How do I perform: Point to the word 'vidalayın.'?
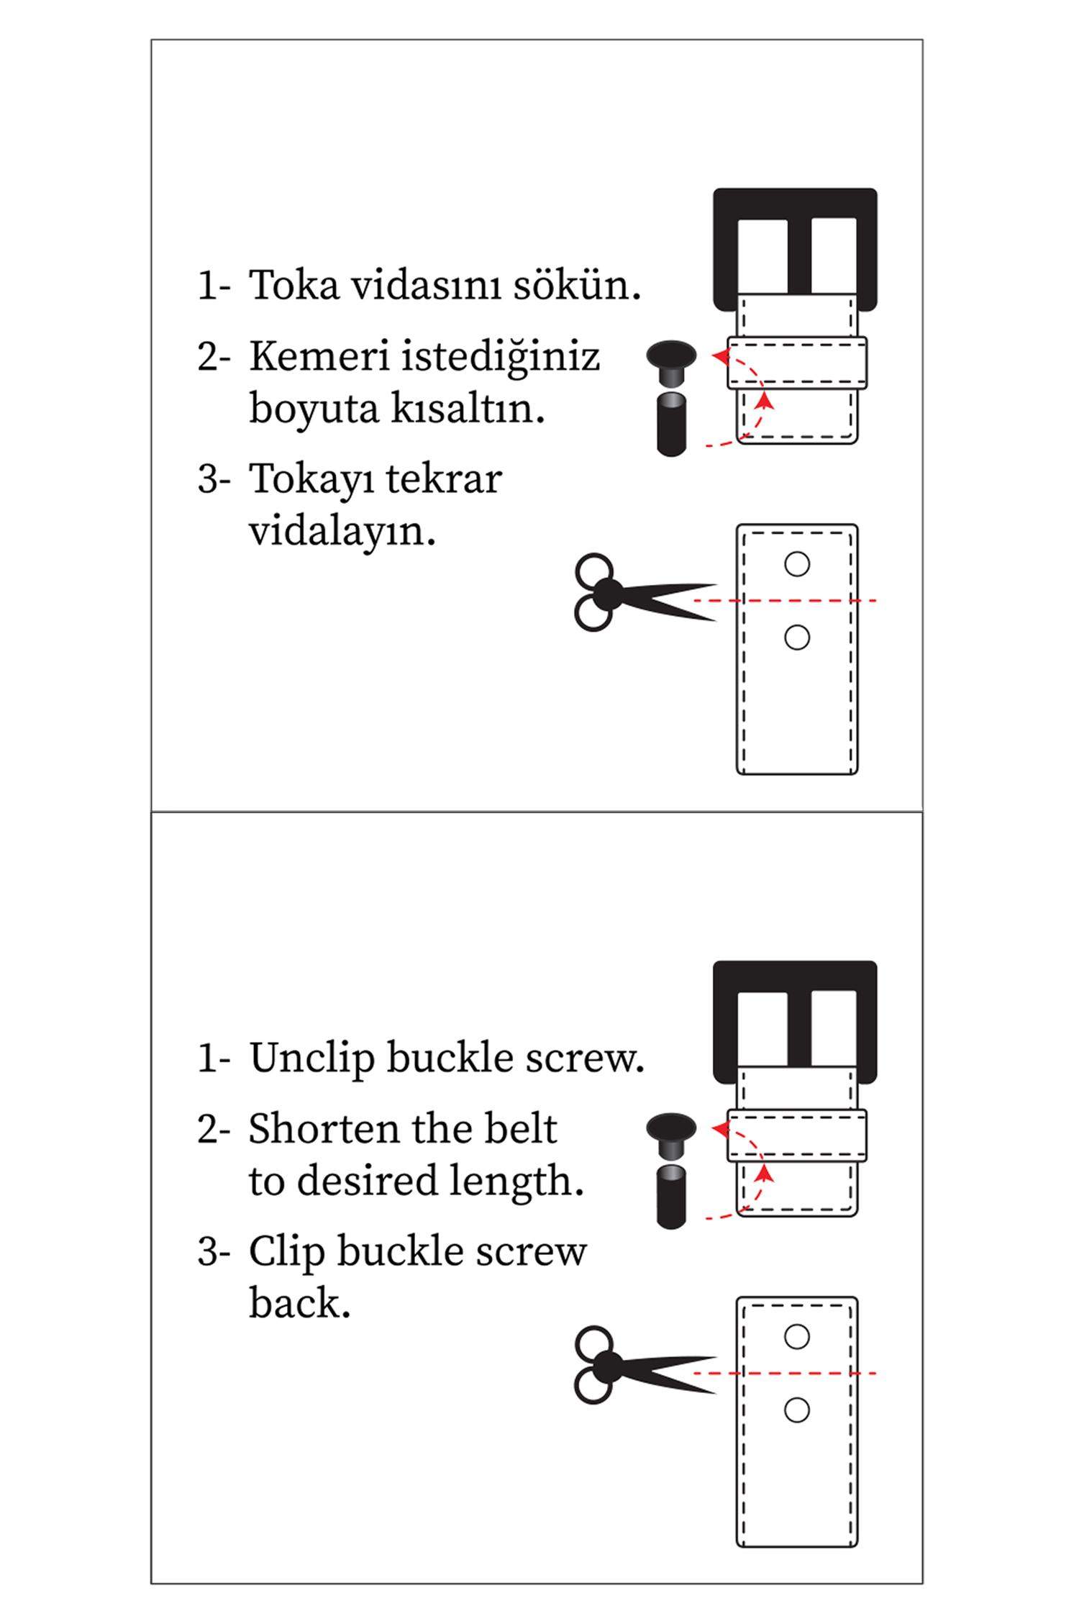(x=342, y=532)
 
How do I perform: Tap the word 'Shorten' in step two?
(x=324, y=1128)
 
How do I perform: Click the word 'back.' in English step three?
(x=299, y=1304)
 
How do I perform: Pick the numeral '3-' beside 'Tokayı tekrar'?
(x=214, y=479)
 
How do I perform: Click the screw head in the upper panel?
(x=671, y=357)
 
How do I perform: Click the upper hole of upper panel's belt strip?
(x=796, y=564)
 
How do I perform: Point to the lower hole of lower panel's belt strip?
(x=796, y=1410)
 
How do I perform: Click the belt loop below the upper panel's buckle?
(x=796, y=363)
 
